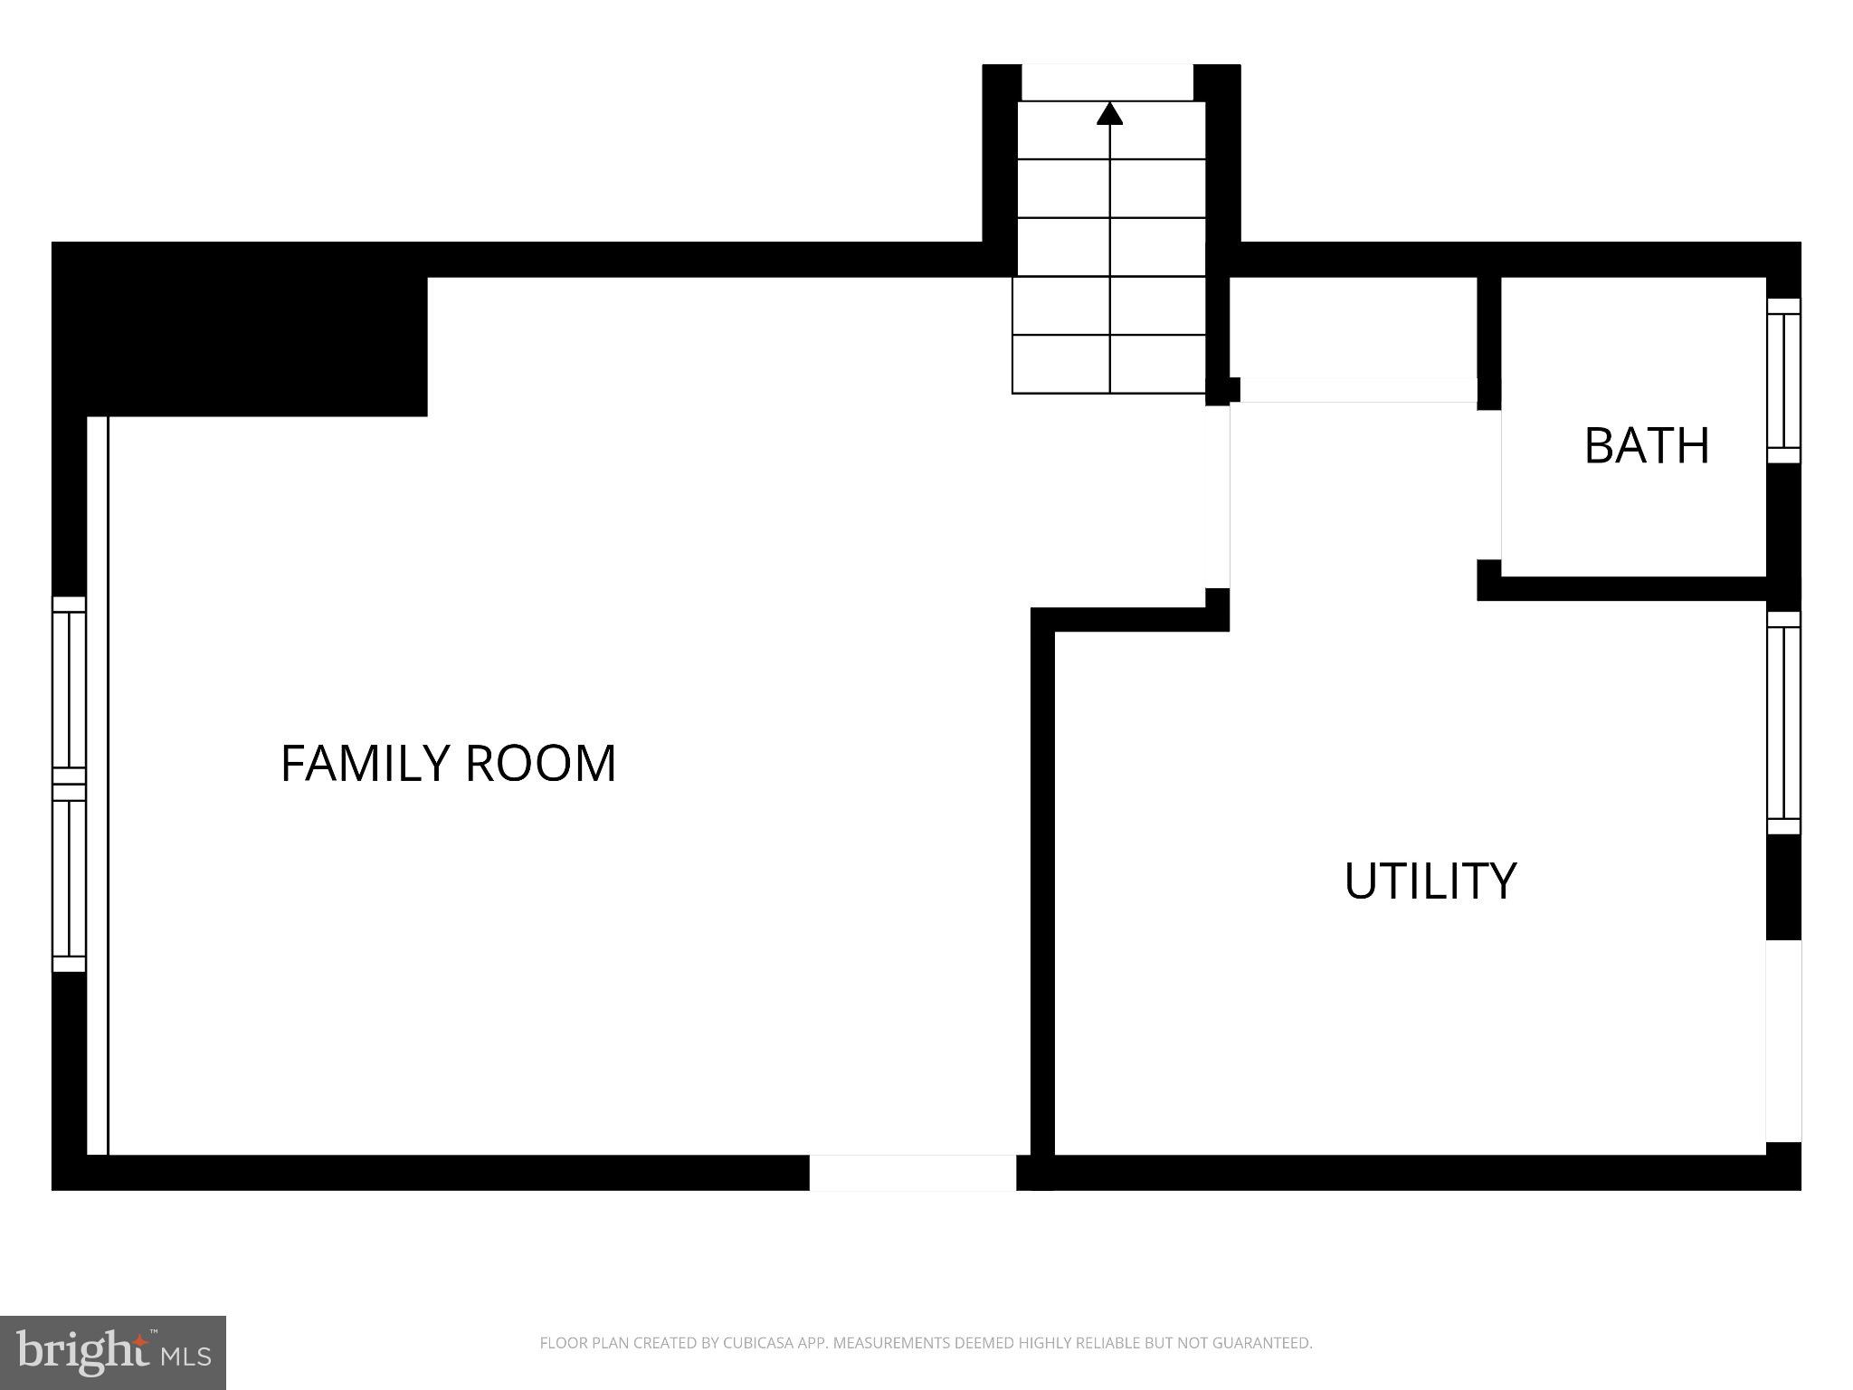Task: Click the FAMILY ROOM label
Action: pos(448,763)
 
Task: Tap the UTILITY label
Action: pos(1430,881)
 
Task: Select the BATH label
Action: pos(1647,445)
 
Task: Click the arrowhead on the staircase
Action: pos(1110,113)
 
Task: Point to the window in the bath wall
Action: pos(1783,380)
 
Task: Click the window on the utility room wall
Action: pos(1783,722)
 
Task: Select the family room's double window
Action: pos(69,784)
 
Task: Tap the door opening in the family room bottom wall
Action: pos(912,1173)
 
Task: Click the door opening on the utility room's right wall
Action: pos(1783,1041)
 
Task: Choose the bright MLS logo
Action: pos(112,1352)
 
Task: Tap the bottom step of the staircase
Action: pos(1108,365)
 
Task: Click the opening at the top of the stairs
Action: pos(1107,81)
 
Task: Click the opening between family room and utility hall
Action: pos(1230,496)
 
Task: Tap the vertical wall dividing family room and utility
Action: pos(1042,887)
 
